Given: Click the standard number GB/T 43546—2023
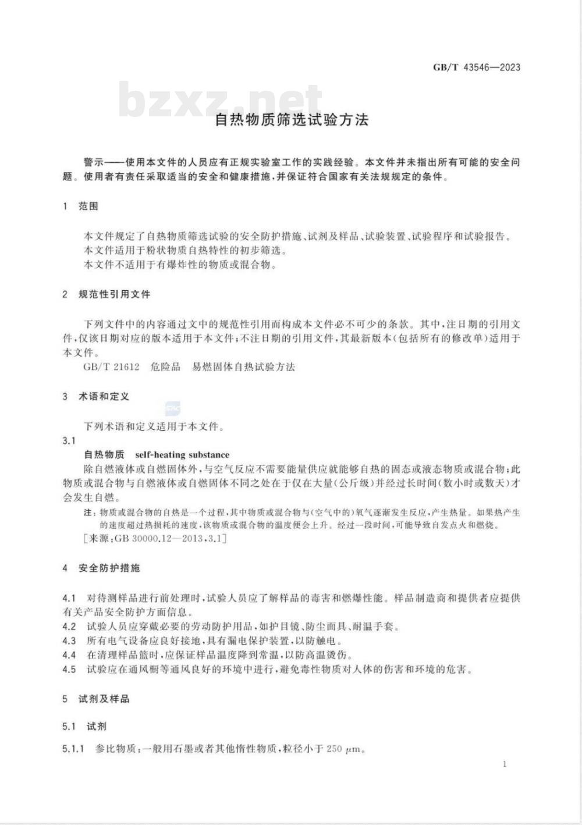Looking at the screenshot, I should coord(476,67).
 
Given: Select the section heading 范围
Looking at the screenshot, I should coord(88,206).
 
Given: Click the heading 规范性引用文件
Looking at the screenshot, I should coord(114,294).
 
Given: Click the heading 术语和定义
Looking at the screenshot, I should coord(104,397).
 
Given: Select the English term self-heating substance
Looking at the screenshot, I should coord(182,455).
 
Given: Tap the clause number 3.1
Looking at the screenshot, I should coord(69,441).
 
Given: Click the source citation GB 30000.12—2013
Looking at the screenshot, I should coord(161,539).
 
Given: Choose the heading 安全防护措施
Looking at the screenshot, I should coord(109,568).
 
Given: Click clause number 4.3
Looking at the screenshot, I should coord(69,641).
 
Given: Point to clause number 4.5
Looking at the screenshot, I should coord(69,670).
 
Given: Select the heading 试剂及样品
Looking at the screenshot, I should coord(104,699).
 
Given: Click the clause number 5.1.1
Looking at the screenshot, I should coord(74,749).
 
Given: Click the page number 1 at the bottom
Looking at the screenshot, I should coord(505,764).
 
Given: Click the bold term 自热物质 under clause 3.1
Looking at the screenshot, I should coord(104,455).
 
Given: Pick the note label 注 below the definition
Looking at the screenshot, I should coord(88,513).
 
